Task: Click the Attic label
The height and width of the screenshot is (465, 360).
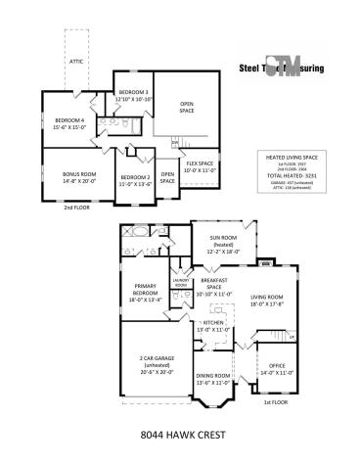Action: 76,61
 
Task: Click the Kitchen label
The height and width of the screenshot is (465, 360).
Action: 212,326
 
